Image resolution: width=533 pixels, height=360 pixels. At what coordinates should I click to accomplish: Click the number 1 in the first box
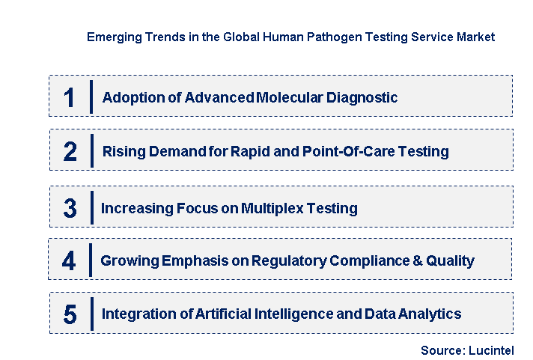69,98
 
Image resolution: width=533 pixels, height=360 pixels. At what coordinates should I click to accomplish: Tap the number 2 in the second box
70,152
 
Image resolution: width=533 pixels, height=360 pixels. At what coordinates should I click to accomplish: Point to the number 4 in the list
69,261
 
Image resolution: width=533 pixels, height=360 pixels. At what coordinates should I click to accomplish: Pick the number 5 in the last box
70,314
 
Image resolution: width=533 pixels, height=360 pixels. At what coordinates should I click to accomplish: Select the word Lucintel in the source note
492,350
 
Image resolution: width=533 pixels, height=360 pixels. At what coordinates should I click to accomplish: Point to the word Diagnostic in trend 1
364,98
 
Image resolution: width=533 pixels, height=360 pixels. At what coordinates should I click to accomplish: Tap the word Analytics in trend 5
430,314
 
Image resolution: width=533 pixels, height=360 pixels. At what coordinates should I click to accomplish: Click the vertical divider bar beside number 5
91,314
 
